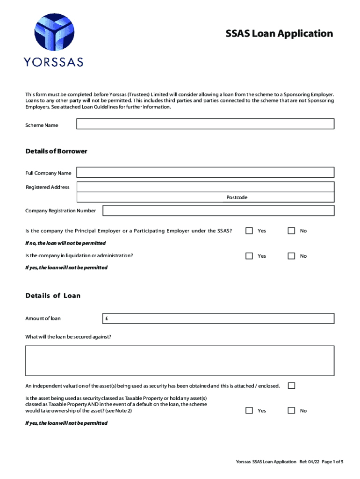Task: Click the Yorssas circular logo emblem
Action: click(x=54, y=33)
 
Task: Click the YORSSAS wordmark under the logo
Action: click(x=54, y=61)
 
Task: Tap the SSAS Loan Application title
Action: click(x=279, y=34)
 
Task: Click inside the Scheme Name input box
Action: click(x=205, y=124)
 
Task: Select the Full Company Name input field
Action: click(x=205, y=173)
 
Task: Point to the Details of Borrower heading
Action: click(x=56, y=152)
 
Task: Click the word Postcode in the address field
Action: click(x=237, y=197)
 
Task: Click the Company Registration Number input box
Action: click(x=218, y=210)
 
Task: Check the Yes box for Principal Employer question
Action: click(x=249, y=231)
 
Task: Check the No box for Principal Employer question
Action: click(x=291, y=231)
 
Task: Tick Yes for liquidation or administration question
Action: click(x=249, y=256)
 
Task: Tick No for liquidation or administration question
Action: click(x=291, y=256)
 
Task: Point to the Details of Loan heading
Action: click(x=53, y=296)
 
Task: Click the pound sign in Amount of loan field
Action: click(x=107, y=319)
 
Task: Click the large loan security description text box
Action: click(x=180, y=361)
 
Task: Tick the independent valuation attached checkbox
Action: click(x=291, y=386)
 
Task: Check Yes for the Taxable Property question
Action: click(x=249, y=410)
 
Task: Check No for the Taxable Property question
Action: click(x=291, y=410)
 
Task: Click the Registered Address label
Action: click(x=48, y=187)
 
